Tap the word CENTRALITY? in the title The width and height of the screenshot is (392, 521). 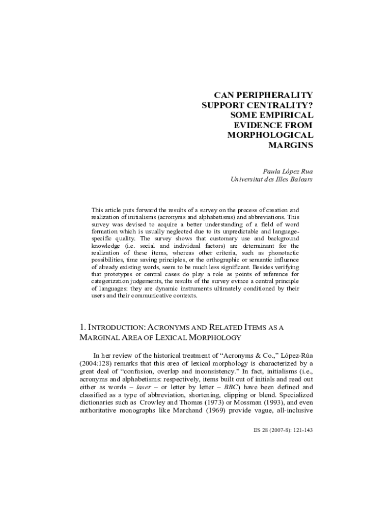tap(280, 105)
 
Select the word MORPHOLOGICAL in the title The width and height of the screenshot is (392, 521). tap(270, 135)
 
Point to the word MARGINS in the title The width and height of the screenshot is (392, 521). tap(290, 144)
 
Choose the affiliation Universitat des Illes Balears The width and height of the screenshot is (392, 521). tap(272, 179)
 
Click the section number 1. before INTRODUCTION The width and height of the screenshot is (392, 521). tap(83, 327)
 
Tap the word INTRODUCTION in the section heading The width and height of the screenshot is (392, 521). tap(118, 328)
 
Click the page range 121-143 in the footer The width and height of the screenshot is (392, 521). tap(301, 430)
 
